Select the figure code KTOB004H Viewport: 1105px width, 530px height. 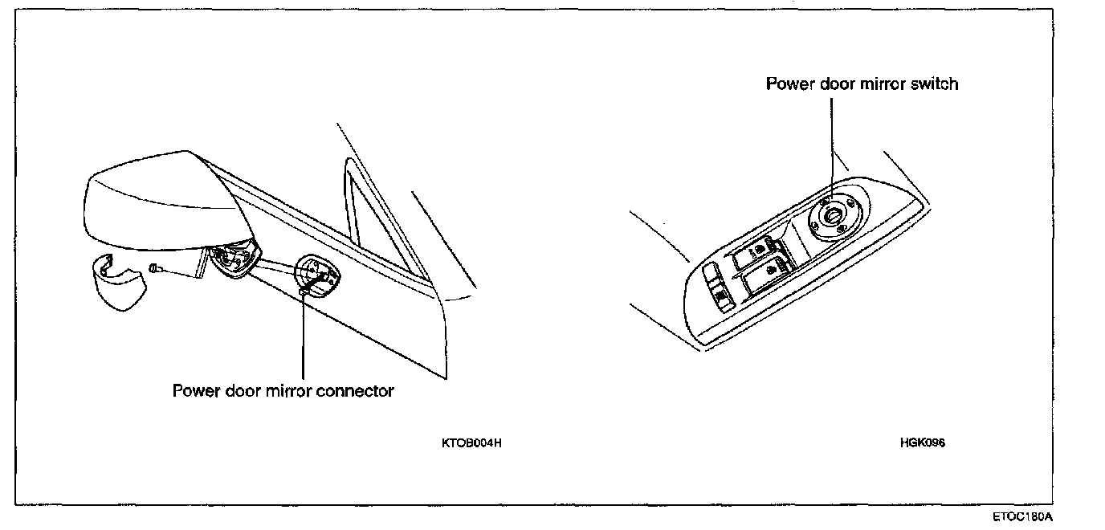[471, 442]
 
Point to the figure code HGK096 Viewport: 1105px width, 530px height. [923, 442]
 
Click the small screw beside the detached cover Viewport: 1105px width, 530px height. [158, 269]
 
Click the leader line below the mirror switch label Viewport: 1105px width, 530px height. [832, 145]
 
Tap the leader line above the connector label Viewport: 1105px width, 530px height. [304, 337]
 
